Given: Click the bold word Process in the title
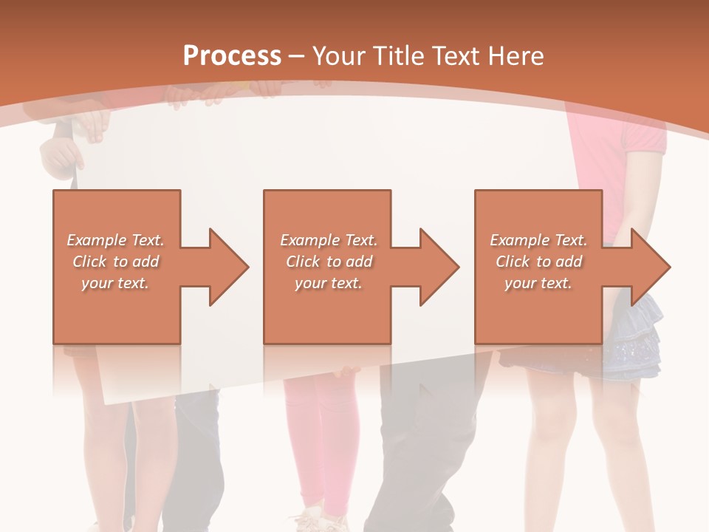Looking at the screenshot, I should [x=232, y=55].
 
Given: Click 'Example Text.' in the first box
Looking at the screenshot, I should [x=116, y=240].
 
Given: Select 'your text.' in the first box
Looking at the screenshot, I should [x=116, y=283].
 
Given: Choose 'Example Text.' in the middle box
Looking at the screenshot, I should [x=329, y=240].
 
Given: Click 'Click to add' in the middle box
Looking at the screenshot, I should [x=329, y=262].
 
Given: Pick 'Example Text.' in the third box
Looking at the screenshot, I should [x=538, y=240].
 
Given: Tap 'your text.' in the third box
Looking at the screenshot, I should [x=538, y=283].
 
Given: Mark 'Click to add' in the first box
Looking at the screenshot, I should [x=116, y=262].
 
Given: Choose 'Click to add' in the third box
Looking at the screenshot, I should [x=538, y=262].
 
